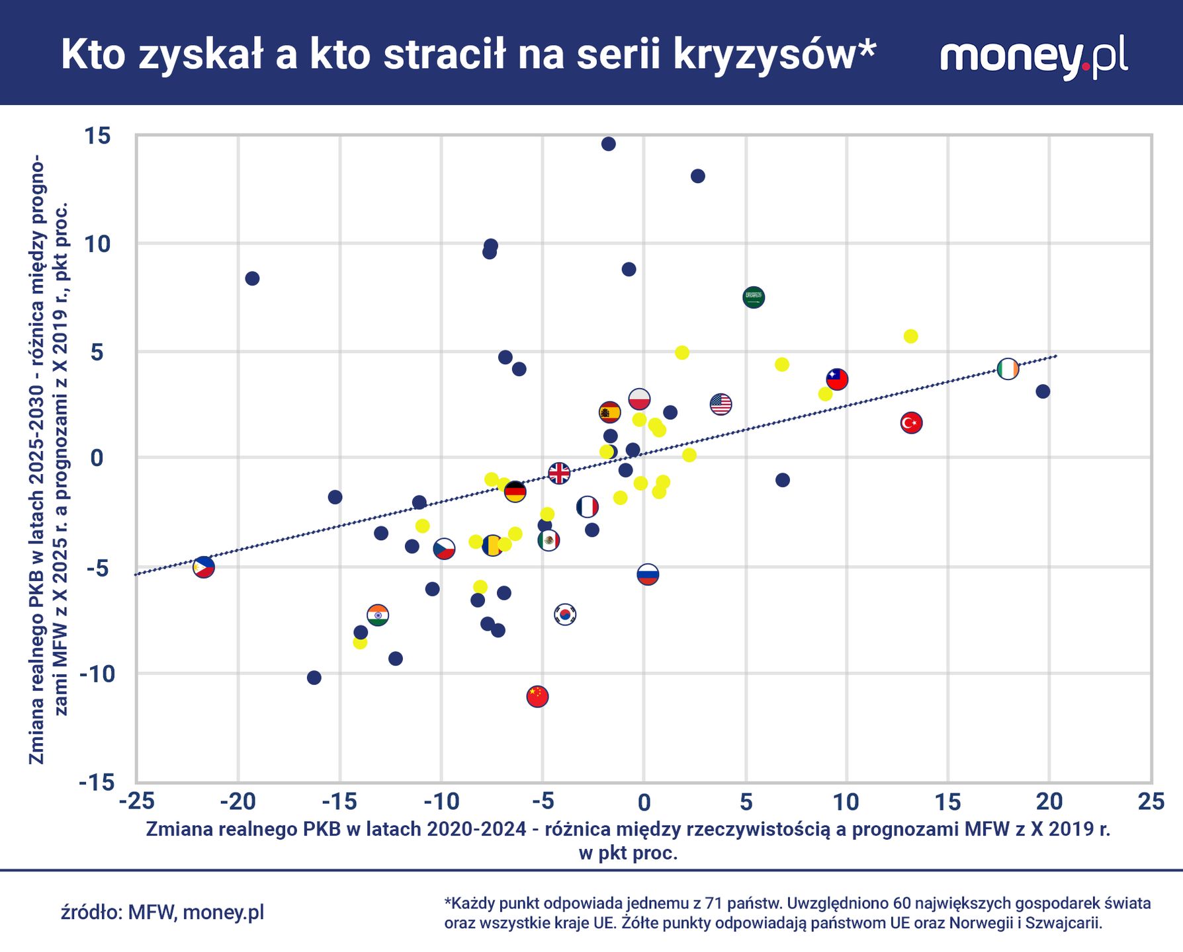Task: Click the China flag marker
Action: click(x=537, y=695)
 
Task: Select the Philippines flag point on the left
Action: click(x=204, y=567)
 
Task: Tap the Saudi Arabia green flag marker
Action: click(x=754, y=297)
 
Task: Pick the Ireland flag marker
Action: click(x=1008, y=369)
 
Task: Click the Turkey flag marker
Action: click(x=911, y=422)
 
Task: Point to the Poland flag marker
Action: click(x=639, y=399)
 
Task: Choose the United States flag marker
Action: click(x=721, y=403)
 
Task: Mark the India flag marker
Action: click(x=378, y=615)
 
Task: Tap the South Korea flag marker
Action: click(x=565, y=614)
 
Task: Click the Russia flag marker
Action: click(x=648, y=574)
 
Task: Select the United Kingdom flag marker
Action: click(x=559, y=473)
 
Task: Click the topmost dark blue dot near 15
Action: click(x=609, y=144)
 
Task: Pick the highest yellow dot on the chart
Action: click(x=911, y=337)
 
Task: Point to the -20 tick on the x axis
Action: click(x=238, y=802)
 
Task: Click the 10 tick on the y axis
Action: click(x=97, y=243)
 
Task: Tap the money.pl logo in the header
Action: click(x=1033, y=56)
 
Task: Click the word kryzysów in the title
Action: click(x=774, y=54)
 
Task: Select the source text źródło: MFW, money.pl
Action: click(x=162, y=912)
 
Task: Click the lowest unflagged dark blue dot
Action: click(x=314, y=678)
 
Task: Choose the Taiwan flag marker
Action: click(x=837, y=379)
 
